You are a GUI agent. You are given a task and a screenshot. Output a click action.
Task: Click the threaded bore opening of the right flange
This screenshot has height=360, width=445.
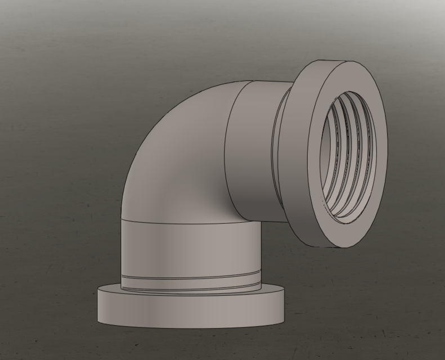coord(349,157)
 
